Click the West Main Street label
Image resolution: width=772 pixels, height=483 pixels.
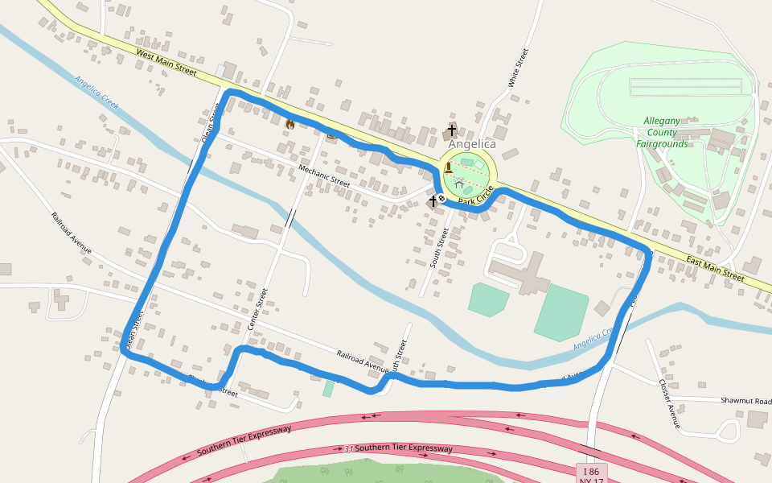tap(166, 63)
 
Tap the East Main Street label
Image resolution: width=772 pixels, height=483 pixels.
tap(714, 267)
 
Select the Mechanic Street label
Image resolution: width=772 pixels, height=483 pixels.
tap(324, 175)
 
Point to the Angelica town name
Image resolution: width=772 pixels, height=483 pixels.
tap(472, 144)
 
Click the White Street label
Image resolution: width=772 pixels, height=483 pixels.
tap(518, 68)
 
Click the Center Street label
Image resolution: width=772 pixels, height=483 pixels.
tap(257, 310)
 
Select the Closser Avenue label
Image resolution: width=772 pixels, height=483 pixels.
tap(669, 403)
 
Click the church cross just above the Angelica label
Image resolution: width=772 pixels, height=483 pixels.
tap(452, 130)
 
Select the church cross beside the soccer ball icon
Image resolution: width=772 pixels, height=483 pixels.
tap(432, 201)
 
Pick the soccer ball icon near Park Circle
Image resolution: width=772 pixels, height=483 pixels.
tap(441, 197)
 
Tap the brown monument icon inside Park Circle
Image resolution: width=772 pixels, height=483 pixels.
tap(447, 167)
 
